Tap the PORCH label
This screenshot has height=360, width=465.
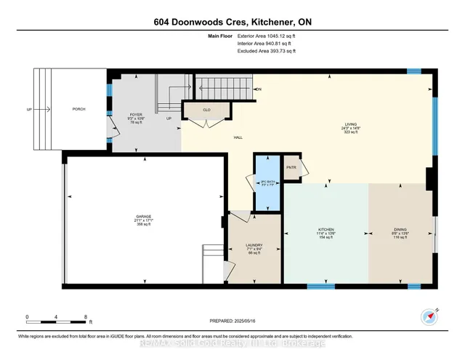[x=78, y=109]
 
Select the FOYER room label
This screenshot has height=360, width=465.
[x=135, y=115]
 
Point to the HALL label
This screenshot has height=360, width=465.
[x=238, y=137]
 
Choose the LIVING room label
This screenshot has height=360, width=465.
[x=351, y=124]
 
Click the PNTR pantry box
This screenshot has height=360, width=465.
[x=291, y=167]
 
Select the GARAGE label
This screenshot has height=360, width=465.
[x=143, y=217]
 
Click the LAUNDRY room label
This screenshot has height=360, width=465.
[x=254, y=245]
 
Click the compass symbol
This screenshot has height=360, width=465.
[x=428, y=316]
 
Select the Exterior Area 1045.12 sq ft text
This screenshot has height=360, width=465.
[x=267, y=35]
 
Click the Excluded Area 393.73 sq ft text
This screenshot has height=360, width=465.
[x=267, y=52]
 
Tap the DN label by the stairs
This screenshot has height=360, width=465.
[x=258, y=89]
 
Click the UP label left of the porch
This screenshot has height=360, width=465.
[x=29, y=110]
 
